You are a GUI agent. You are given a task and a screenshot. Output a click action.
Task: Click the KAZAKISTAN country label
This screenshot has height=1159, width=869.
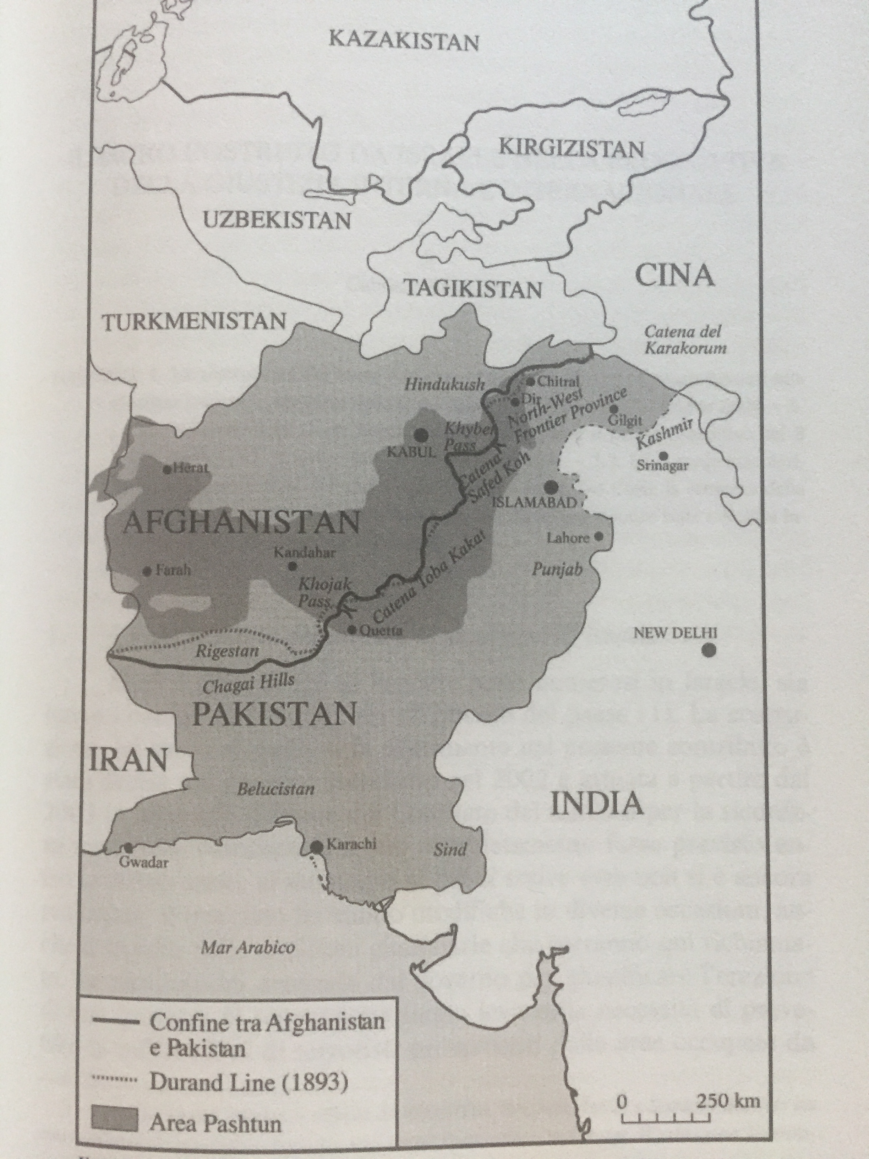click(x=403, y=41)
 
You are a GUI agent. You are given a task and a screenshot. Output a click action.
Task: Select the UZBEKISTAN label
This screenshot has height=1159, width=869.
click(x=276, y=221)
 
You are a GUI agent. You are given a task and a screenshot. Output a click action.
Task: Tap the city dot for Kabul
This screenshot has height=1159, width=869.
click(x=420, y=434)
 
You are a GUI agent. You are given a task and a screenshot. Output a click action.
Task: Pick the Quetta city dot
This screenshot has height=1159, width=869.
click(x=352, y=630)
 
